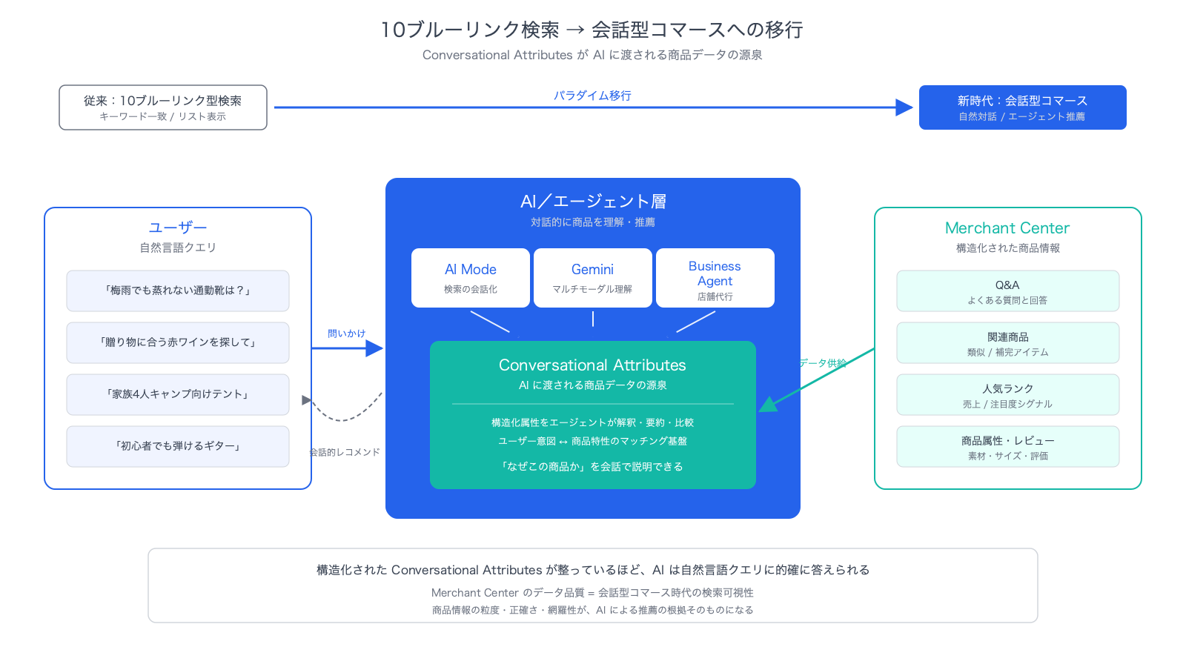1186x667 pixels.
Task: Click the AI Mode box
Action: pyautogui.click(x=470, y=278)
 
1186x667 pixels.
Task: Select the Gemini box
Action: pyautogui.click(x=592, y=278)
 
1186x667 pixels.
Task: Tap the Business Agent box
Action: pyautogui.click(x=715, y=278)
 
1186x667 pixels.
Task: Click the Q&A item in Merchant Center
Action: pyautogui.click(x=1007, y=291)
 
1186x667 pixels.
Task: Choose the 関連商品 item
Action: pyautogui.click(x=1007, y=343)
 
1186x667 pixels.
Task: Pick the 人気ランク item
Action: pyautogui.click(x=1007, y=395)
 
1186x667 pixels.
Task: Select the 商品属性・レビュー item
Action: pyautogui.click(x=1007, y=447)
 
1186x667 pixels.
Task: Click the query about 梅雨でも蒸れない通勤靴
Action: pyautogui.click(x=177, y=291)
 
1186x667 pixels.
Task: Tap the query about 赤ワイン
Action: pyautogui.click(x=177, y=343)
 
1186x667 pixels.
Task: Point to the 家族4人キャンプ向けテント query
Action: pyautogui.click(x=177, y=395)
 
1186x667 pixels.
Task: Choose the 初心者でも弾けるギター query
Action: pyautogui.click(x=177, y=447)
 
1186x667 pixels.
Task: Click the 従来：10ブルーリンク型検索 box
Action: pyautogui.click(x=163, y=107)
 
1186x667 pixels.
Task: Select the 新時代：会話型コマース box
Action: pyautogui.click(x=1022, y=107)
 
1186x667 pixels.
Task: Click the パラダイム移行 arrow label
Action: pyautogui.click(x=592, y=96)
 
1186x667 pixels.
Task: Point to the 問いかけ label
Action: pyautogui.click(x=346, y=333)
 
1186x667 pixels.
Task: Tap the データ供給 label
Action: pyautogui.click(x=823, y=363)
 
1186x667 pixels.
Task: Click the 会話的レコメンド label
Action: pyautogui.click(x=345, y=452)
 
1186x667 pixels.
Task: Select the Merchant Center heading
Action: pyautogui.click(x=1007, y=228)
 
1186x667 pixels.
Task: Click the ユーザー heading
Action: pyautogui.click(x=177, y=228)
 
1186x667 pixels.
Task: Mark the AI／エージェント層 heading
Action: pyautogui.click(x=593, y=201)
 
